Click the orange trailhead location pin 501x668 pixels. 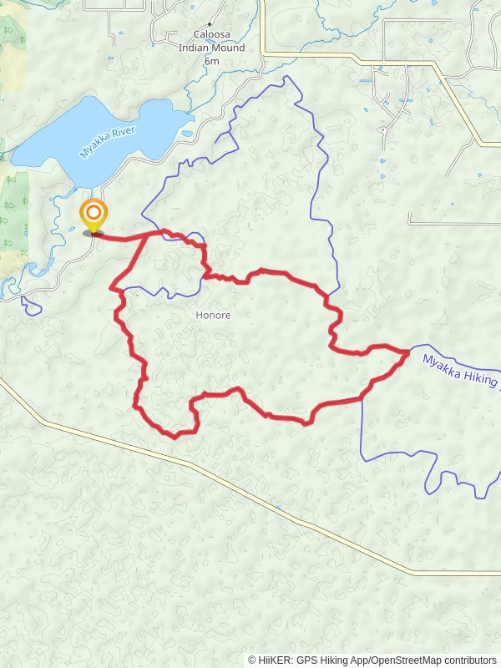93,214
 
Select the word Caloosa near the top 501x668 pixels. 211,37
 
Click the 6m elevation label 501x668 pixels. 211,61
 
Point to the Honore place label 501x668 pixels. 212,316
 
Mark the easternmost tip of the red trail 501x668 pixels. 408,352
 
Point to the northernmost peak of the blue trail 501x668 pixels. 288,77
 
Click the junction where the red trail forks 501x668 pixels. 151,235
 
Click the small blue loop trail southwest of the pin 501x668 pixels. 32,306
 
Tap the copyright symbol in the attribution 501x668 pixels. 252,660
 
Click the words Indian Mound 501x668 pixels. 211,48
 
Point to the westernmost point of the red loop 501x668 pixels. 113,288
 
